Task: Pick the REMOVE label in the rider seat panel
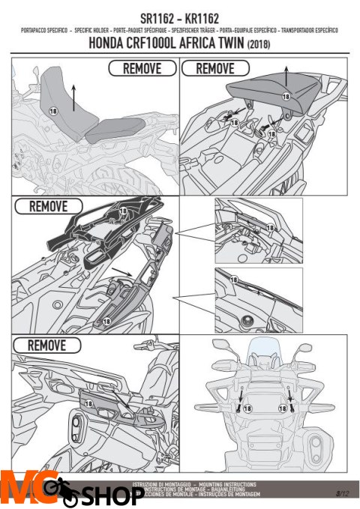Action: tap(142, 68)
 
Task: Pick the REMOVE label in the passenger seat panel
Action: tap(214, 68)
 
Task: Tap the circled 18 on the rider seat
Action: tap(52, 110)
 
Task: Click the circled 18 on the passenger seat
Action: tap(286, 97)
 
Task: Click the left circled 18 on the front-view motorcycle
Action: tap(250, 409)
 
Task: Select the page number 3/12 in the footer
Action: tap(342, 493)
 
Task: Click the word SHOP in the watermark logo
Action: tap(104, 496)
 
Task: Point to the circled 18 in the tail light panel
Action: tap(88, 403)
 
